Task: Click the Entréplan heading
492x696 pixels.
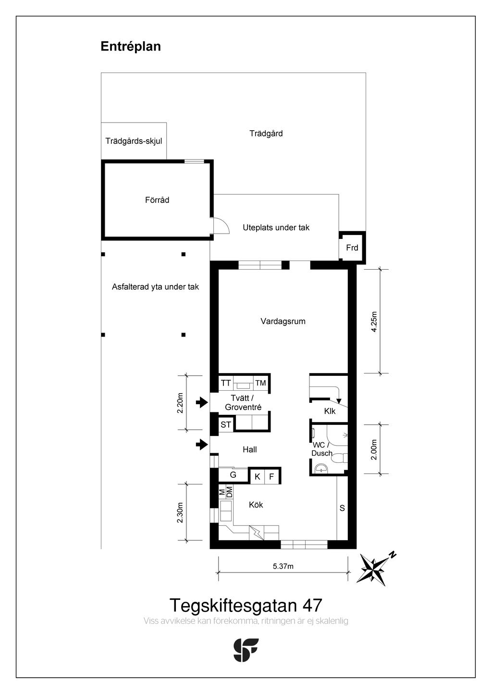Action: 131,47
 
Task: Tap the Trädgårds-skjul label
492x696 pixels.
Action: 134,141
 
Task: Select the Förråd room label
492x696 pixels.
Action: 157,200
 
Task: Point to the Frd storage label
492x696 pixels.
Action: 352,248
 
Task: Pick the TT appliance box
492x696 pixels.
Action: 226,383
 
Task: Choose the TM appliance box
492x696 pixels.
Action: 260,383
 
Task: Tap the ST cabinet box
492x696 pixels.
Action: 226,425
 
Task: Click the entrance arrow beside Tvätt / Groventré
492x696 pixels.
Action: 201,402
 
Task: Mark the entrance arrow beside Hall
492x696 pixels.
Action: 201,445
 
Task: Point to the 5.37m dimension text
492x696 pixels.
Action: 283,566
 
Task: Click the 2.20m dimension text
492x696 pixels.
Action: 180,402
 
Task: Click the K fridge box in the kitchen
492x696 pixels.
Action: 258,477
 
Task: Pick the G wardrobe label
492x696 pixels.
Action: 233,475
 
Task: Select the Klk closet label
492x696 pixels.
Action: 330,411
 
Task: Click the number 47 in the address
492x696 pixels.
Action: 312,605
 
